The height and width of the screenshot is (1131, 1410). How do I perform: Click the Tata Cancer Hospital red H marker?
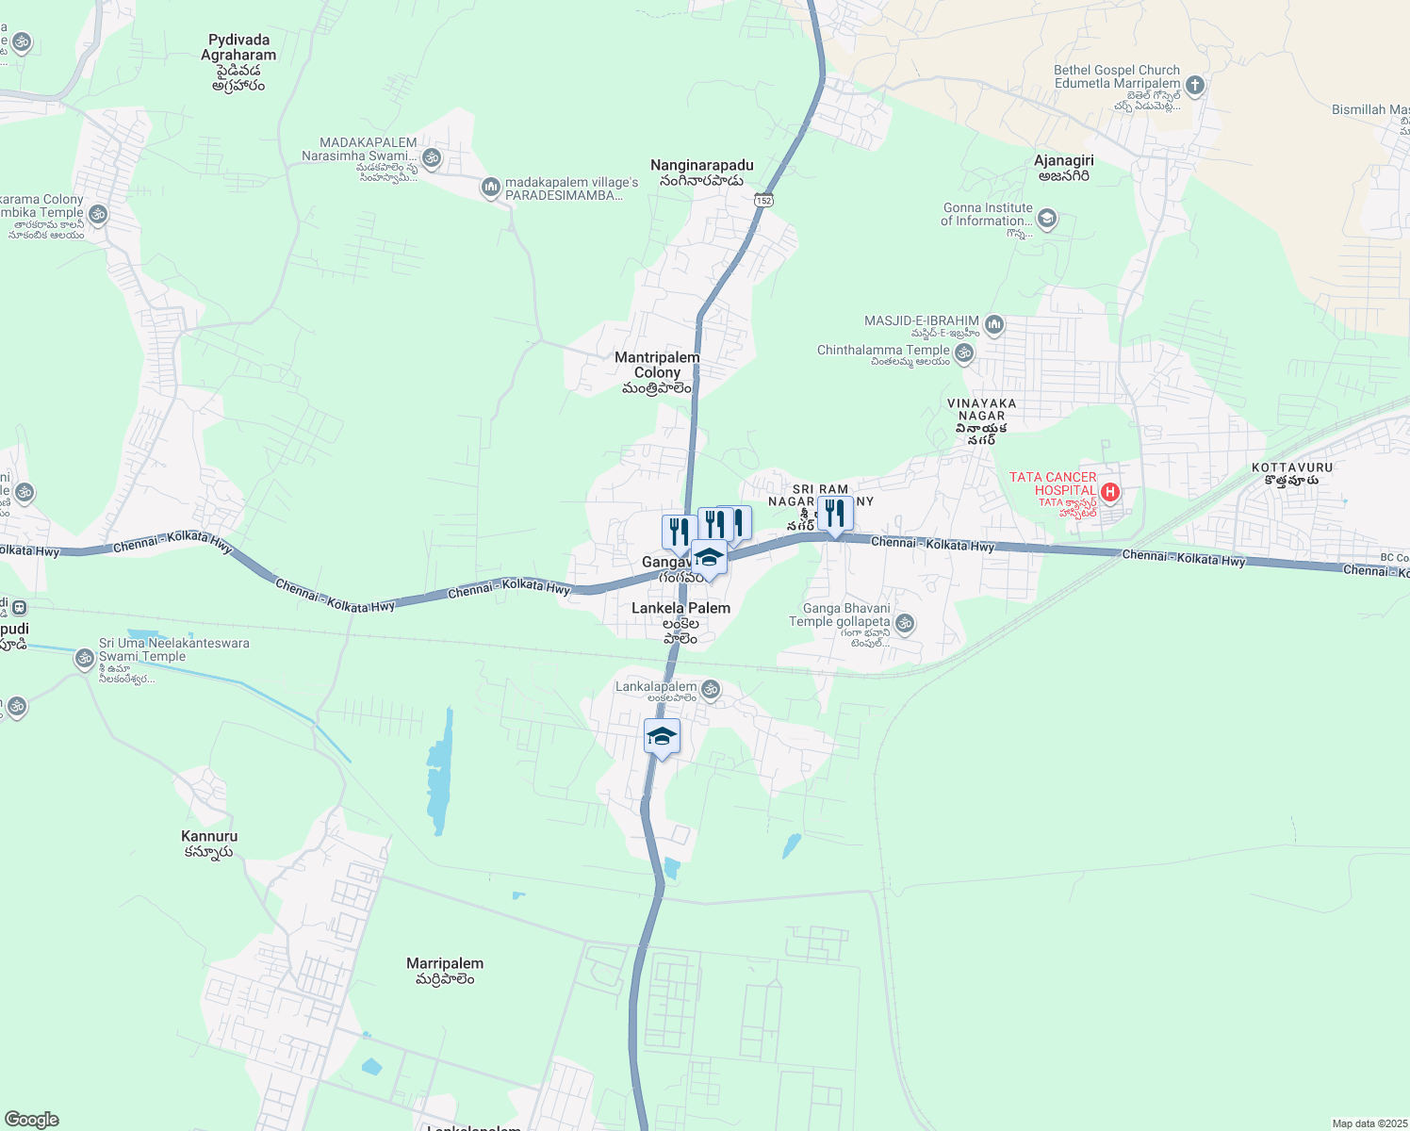(1110, 491)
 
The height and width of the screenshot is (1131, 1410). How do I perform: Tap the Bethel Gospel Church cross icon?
(1194, 86)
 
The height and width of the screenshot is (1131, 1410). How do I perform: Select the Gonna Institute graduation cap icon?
(1046, 220)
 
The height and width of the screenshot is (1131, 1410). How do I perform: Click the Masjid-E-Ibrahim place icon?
(993, 326)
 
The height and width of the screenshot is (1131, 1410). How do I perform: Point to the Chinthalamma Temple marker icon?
(963, 353)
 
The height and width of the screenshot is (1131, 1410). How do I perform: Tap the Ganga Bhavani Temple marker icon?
(905, 622)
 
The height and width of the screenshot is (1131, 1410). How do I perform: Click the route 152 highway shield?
(763, 201)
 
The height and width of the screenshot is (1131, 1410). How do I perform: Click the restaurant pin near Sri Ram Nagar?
(834, 515)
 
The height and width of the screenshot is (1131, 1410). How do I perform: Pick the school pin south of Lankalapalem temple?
(662, 736)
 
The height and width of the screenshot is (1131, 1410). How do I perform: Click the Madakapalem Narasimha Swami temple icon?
(433, 157)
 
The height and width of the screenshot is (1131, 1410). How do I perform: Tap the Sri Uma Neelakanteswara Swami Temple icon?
(85, 658)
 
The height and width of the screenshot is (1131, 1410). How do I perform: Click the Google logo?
(31, 1120)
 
